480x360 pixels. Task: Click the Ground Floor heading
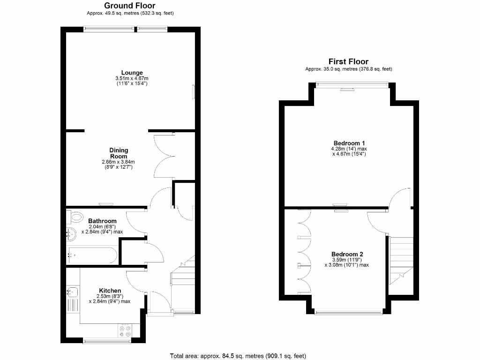[129, 6]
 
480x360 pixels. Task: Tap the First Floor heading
[348, 61]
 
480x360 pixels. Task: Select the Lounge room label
[132, 73]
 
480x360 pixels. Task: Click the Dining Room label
[119, 153]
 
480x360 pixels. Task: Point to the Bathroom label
[102, 221]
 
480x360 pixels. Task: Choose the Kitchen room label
[110, 291]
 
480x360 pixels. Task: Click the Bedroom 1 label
[349, 143]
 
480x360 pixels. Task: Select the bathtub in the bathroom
[92, 255]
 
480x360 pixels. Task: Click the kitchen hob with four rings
[125, 331]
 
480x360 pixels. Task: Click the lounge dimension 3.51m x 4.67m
[132, 78]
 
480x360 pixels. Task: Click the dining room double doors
[164, 155]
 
